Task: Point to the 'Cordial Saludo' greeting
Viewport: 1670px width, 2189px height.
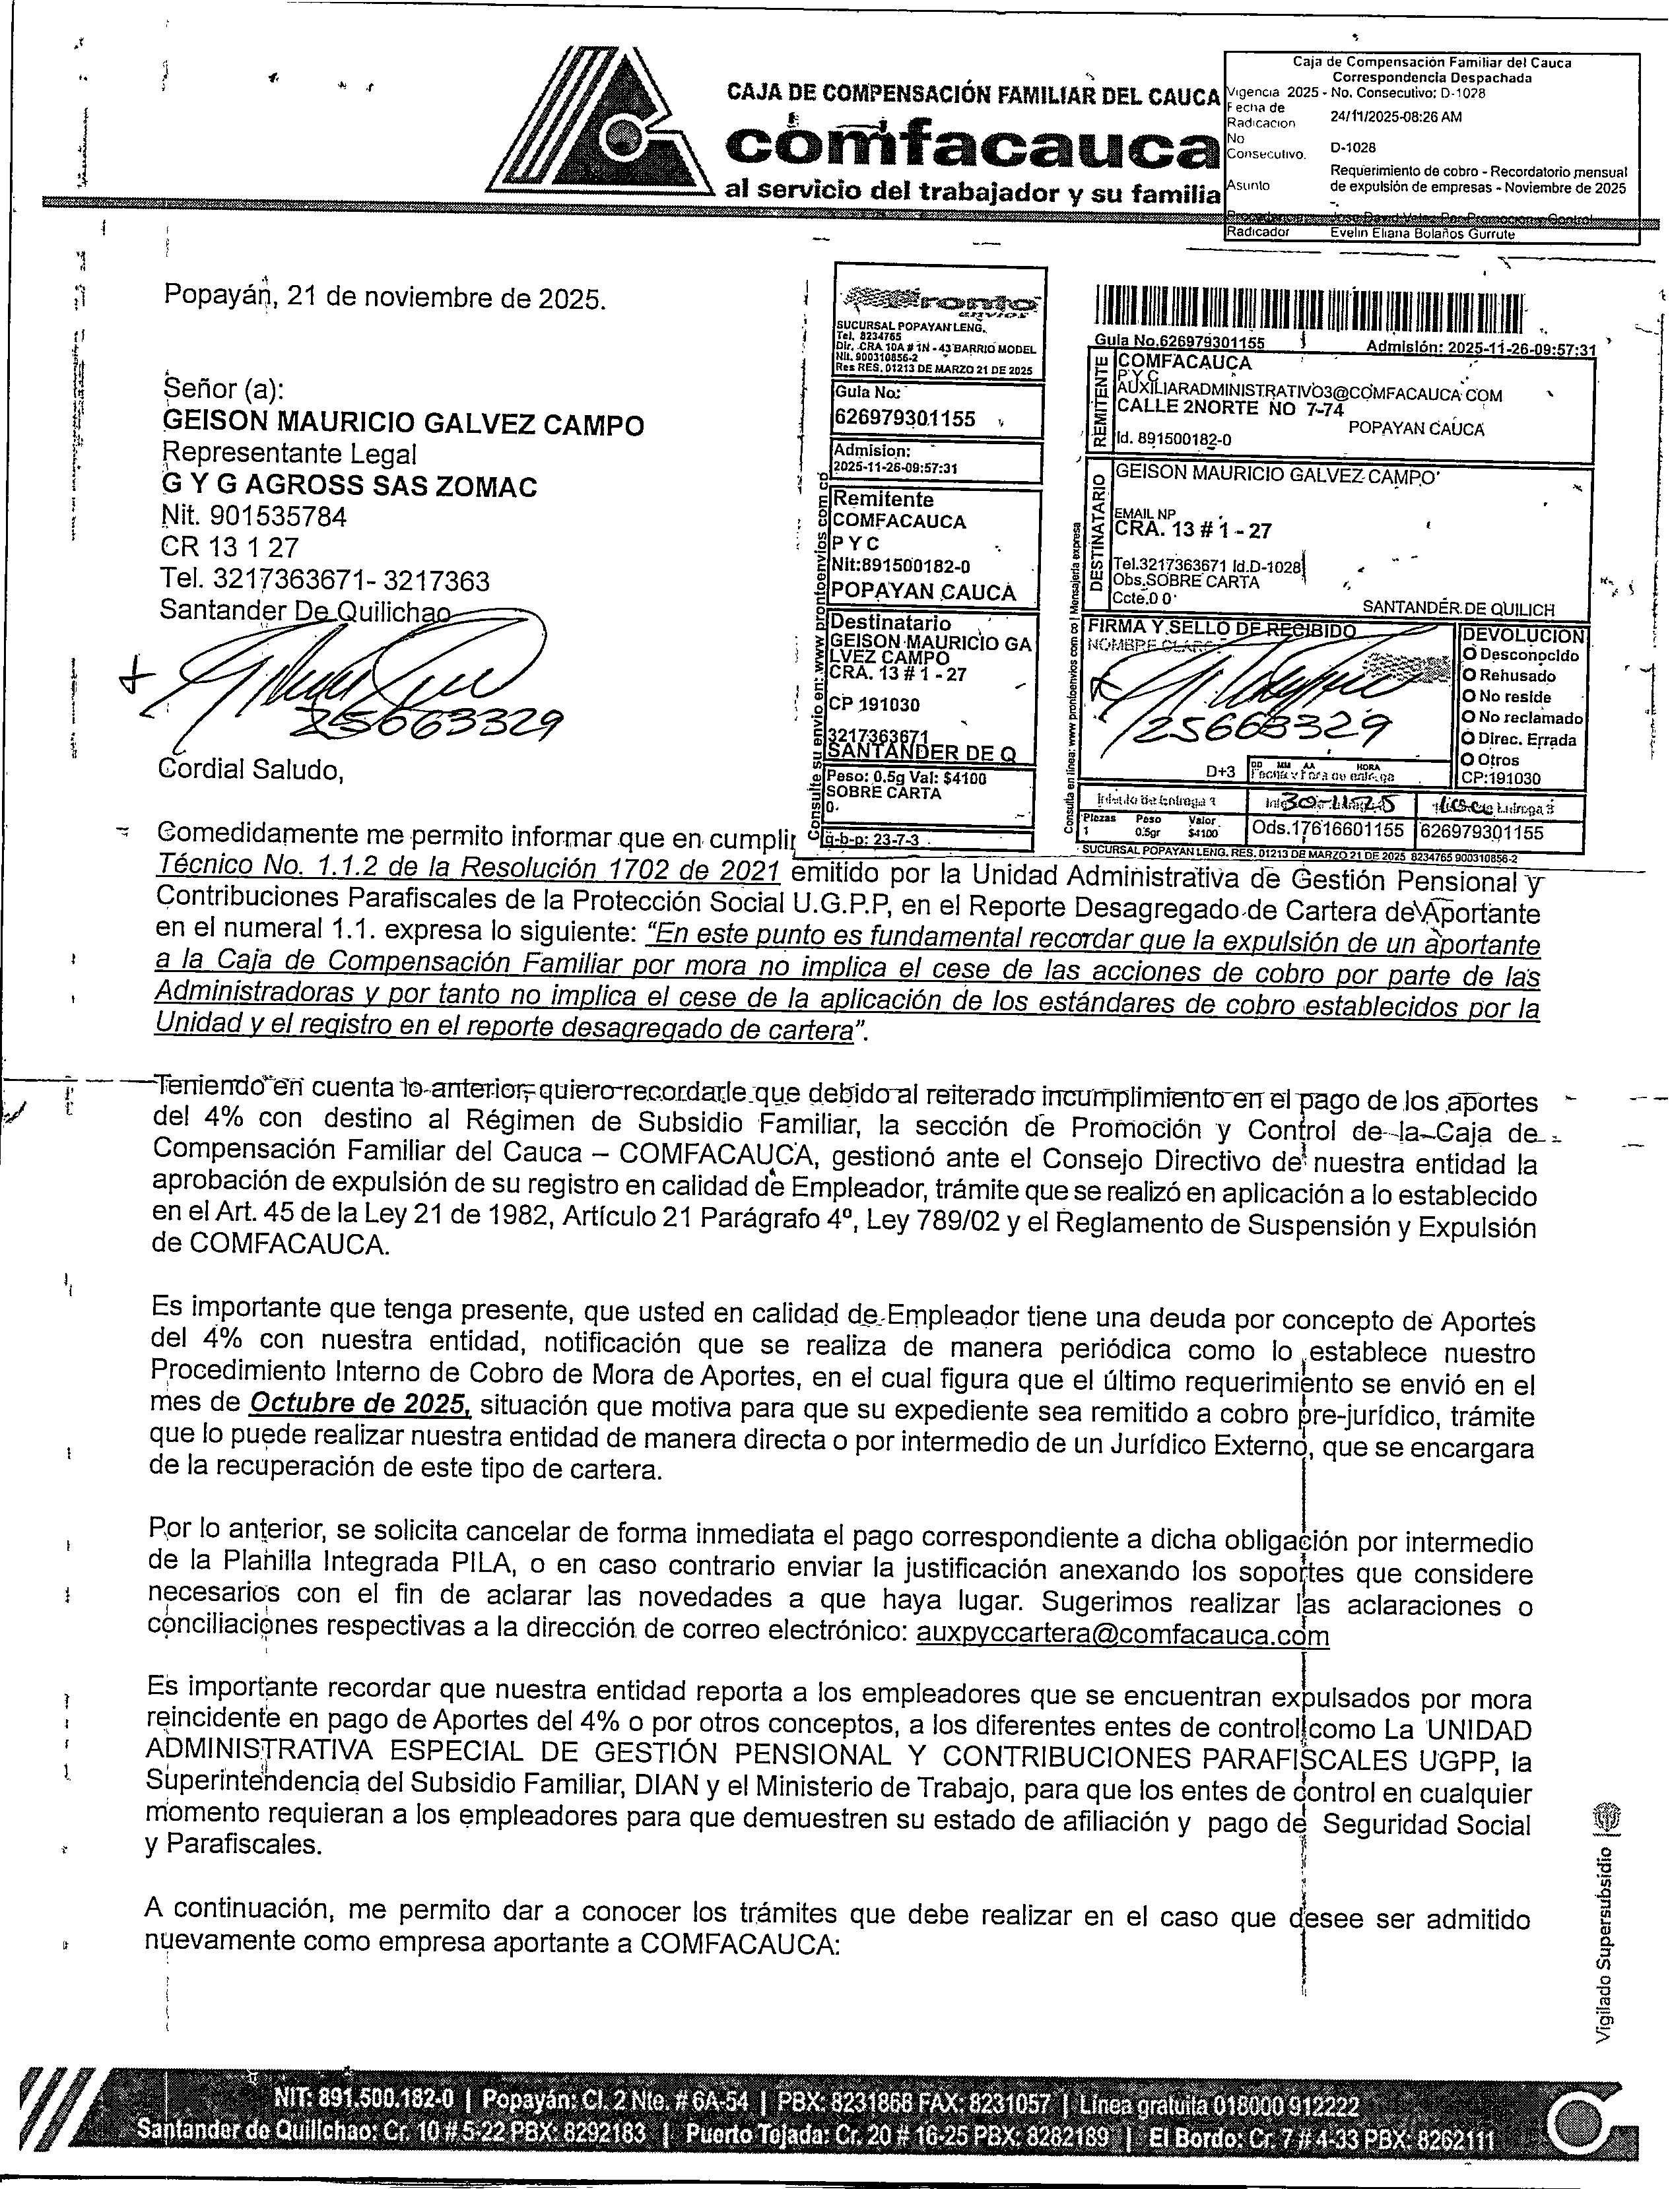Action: coord(251,770)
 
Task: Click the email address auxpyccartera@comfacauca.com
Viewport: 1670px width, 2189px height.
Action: coord(1121,1635)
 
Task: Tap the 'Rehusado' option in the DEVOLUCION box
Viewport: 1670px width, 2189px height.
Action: coord(1515,676)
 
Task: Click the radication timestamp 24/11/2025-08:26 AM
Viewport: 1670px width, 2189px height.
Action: coord(1395,116)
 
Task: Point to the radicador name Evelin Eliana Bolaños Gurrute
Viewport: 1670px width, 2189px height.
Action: coord(1422,234)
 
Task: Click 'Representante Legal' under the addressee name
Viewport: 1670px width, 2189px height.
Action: coord(289,454)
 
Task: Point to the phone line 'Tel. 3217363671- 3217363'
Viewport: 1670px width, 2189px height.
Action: coord(324,579)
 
